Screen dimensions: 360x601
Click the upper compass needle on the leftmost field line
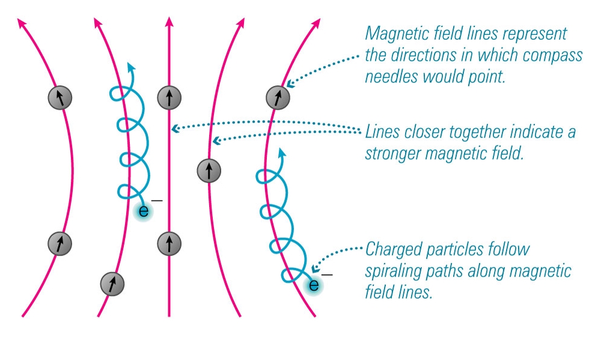tap(60, 96)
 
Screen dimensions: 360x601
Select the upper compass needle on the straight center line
tap(169, 97)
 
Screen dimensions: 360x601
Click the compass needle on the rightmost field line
tap(278, 96)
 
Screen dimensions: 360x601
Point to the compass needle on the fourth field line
tap(209, 171)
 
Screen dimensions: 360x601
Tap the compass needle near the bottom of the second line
tap(112, 282)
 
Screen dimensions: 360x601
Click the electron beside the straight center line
tap(144, 211)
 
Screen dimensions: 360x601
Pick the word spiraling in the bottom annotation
tap(393, 272)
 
